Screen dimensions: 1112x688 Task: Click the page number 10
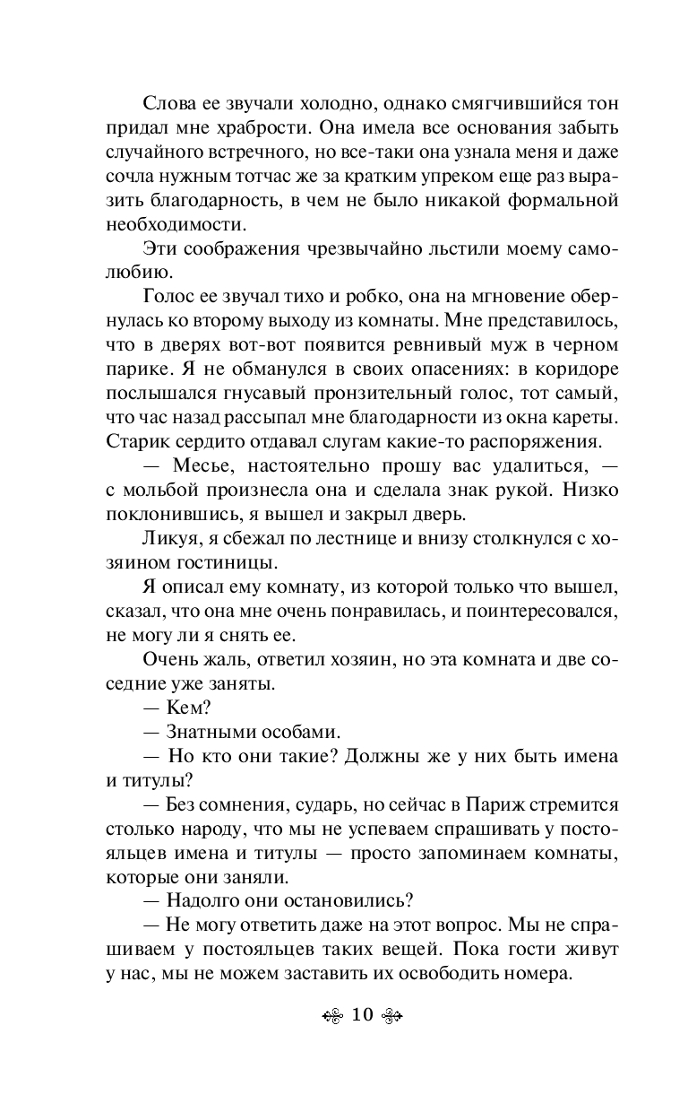click(362, 1015)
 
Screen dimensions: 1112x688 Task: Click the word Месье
click(196, 468)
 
